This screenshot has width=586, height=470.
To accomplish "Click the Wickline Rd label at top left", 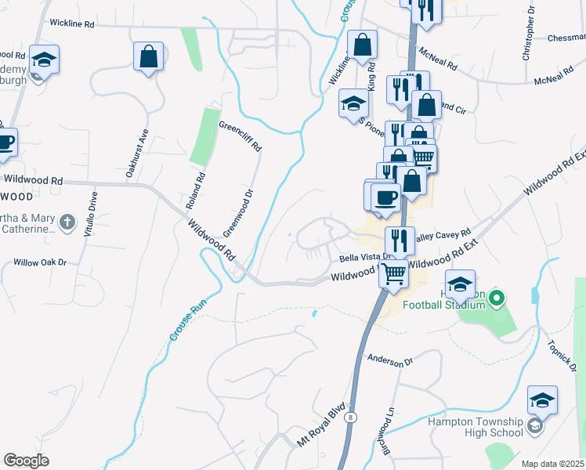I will click(x=71, y=24).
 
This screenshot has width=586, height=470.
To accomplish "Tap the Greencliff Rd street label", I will click(x=240, y=136).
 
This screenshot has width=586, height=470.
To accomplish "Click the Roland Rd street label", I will click(x=195, y=190).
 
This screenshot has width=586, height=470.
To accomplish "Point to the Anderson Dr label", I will click(x=389, y=361).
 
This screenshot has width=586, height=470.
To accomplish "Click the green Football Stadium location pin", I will click(x=495, y=298).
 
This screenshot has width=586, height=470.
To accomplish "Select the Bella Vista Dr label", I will click(x=364, y=258).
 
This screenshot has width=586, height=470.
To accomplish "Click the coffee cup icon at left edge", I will click(x=5, y=143).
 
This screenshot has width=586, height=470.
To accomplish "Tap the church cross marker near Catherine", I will click(x=68, y=222).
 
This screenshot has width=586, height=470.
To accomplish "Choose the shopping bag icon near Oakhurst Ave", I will click(x=148, y=56).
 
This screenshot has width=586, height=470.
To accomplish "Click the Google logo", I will click(x=27, y=461).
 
